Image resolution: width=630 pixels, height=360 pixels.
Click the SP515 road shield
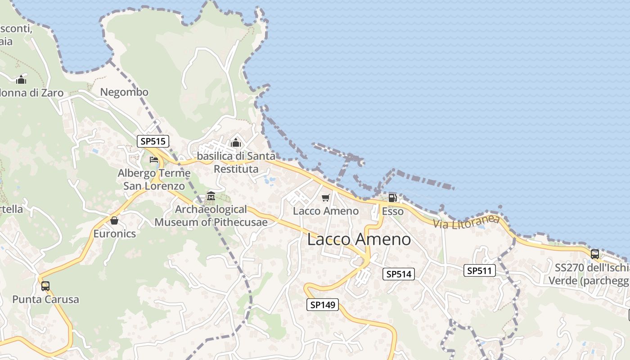[153, 141]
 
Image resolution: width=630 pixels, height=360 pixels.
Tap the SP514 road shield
[398, 274]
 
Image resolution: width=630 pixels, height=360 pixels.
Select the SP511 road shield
[480, 270]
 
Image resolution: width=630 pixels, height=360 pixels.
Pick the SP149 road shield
[323, 305]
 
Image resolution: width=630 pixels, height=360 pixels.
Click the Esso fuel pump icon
[392, 198]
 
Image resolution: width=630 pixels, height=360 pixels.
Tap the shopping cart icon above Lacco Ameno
[326, 198]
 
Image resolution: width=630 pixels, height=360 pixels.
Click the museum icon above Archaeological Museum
[211, 196]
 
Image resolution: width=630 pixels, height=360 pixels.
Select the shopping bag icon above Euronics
[114, 220]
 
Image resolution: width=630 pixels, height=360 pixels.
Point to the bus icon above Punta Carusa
[45, 286]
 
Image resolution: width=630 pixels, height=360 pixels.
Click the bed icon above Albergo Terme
[154, 160]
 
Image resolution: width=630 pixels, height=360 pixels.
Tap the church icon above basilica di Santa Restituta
[236, 143]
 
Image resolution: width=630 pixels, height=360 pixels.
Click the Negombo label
[124, 92]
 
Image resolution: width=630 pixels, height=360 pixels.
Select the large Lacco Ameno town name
[359, 239]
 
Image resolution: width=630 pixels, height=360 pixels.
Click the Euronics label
[114, 234]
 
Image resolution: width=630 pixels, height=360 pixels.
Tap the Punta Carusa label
[45, 299]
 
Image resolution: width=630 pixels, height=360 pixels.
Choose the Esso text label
[392, 211]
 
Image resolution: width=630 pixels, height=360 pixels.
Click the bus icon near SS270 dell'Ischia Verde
[595, 254]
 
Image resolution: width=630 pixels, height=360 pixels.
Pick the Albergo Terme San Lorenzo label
[154, 180]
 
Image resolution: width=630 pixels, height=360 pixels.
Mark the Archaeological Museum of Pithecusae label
[211, 216]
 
